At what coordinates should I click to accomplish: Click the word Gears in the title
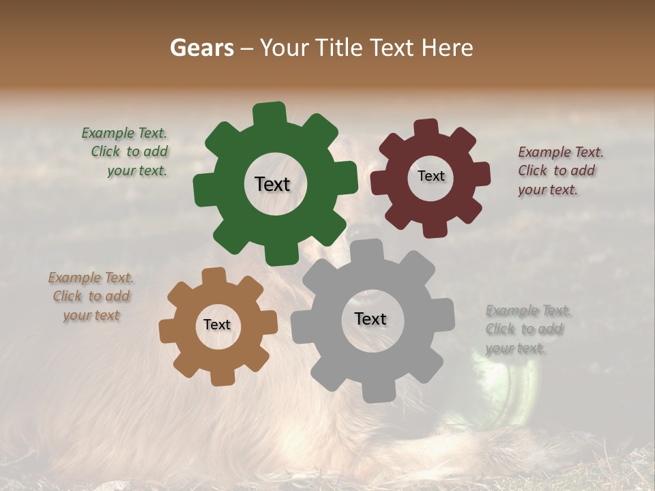202,48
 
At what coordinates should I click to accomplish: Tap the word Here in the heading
447,48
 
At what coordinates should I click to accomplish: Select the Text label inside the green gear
272,184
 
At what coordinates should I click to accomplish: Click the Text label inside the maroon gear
431,176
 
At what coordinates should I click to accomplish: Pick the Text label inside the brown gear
217,325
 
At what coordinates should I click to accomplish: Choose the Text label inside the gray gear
370,318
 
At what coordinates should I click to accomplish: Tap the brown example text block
91,297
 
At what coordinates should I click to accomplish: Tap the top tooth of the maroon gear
426,128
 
